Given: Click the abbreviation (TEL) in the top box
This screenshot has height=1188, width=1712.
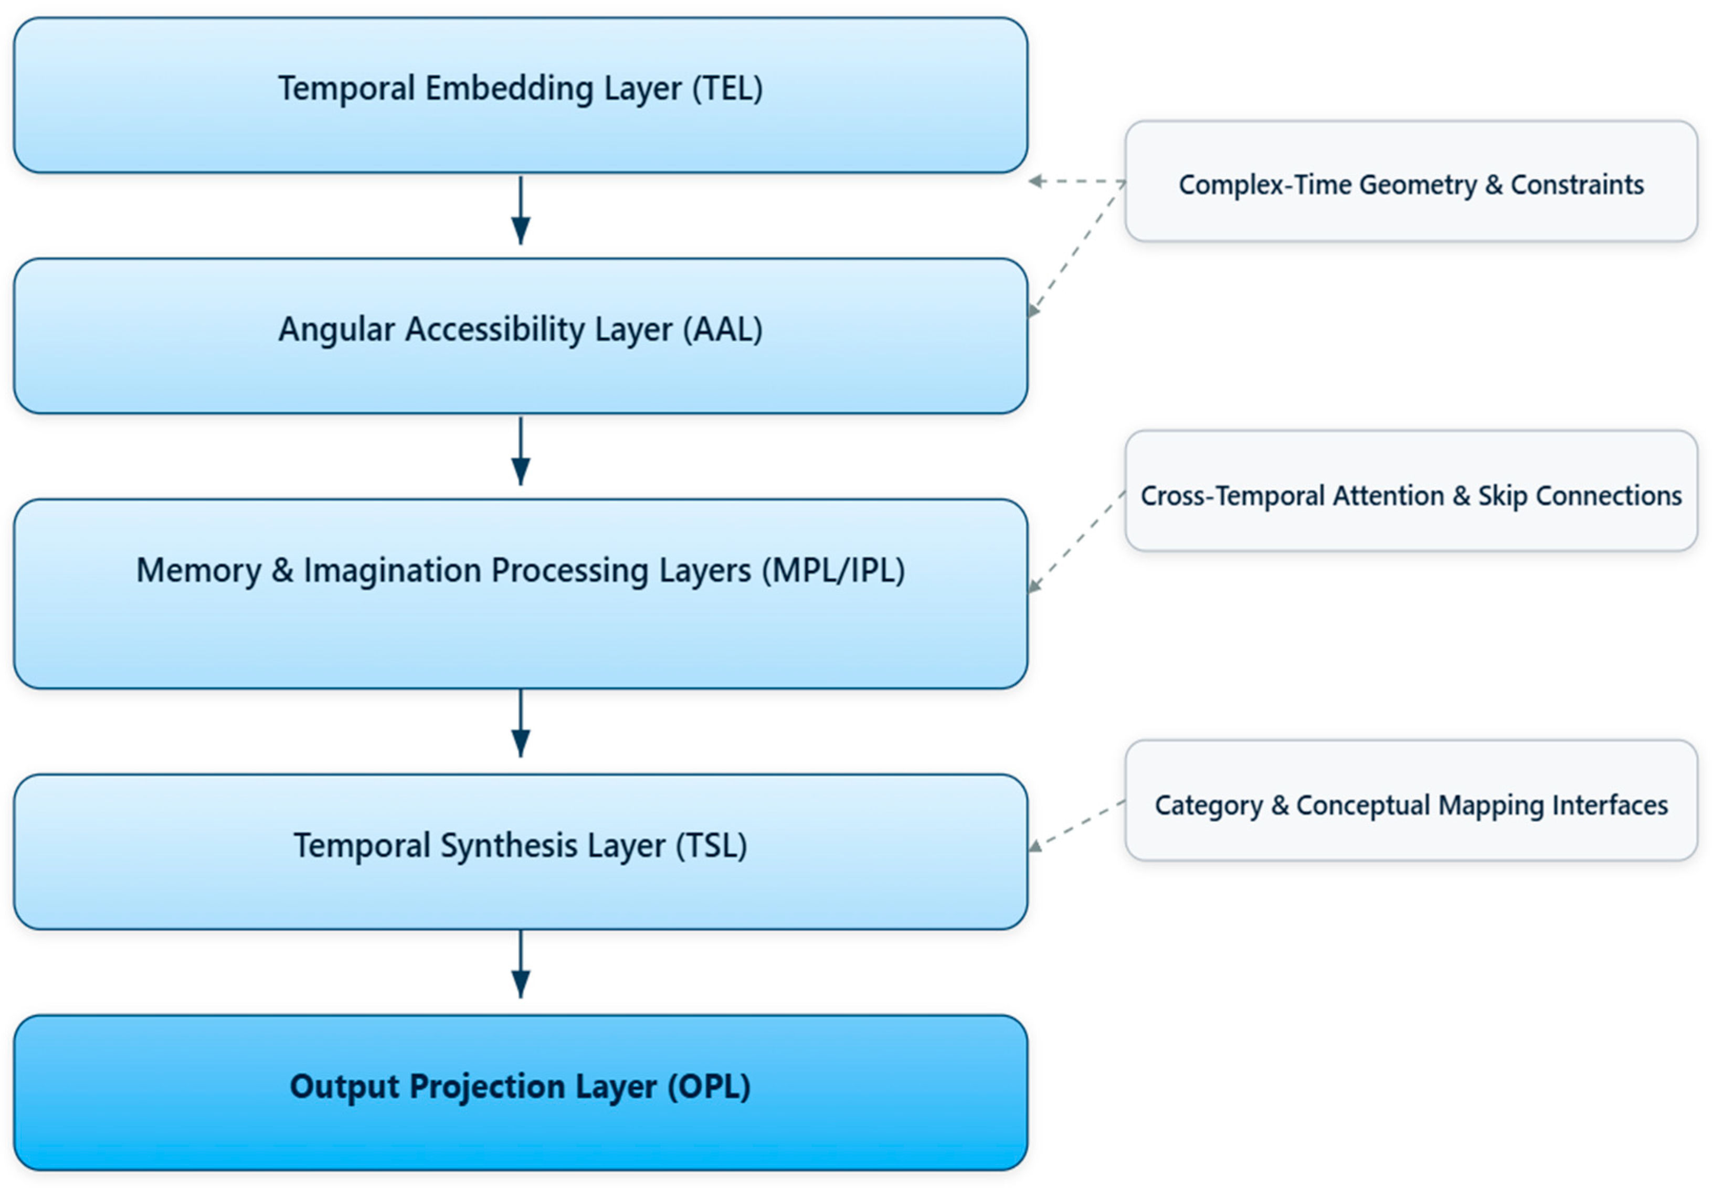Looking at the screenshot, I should tap(727, 89).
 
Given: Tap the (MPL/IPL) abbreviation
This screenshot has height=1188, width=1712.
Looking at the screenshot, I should tap(833, 571).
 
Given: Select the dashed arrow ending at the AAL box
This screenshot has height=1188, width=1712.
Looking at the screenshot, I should tap(1075, 249).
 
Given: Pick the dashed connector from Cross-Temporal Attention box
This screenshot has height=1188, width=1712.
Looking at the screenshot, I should tap(1075, 542).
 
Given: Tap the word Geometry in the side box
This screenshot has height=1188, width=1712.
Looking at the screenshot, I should tap(1417, 185).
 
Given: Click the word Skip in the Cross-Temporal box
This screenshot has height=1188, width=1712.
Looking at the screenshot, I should tap(1502, 496).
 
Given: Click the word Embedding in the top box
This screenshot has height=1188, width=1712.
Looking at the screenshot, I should tap(509, 89).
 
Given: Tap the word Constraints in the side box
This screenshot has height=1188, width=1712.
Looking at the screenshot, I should tap(1577, 185).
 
